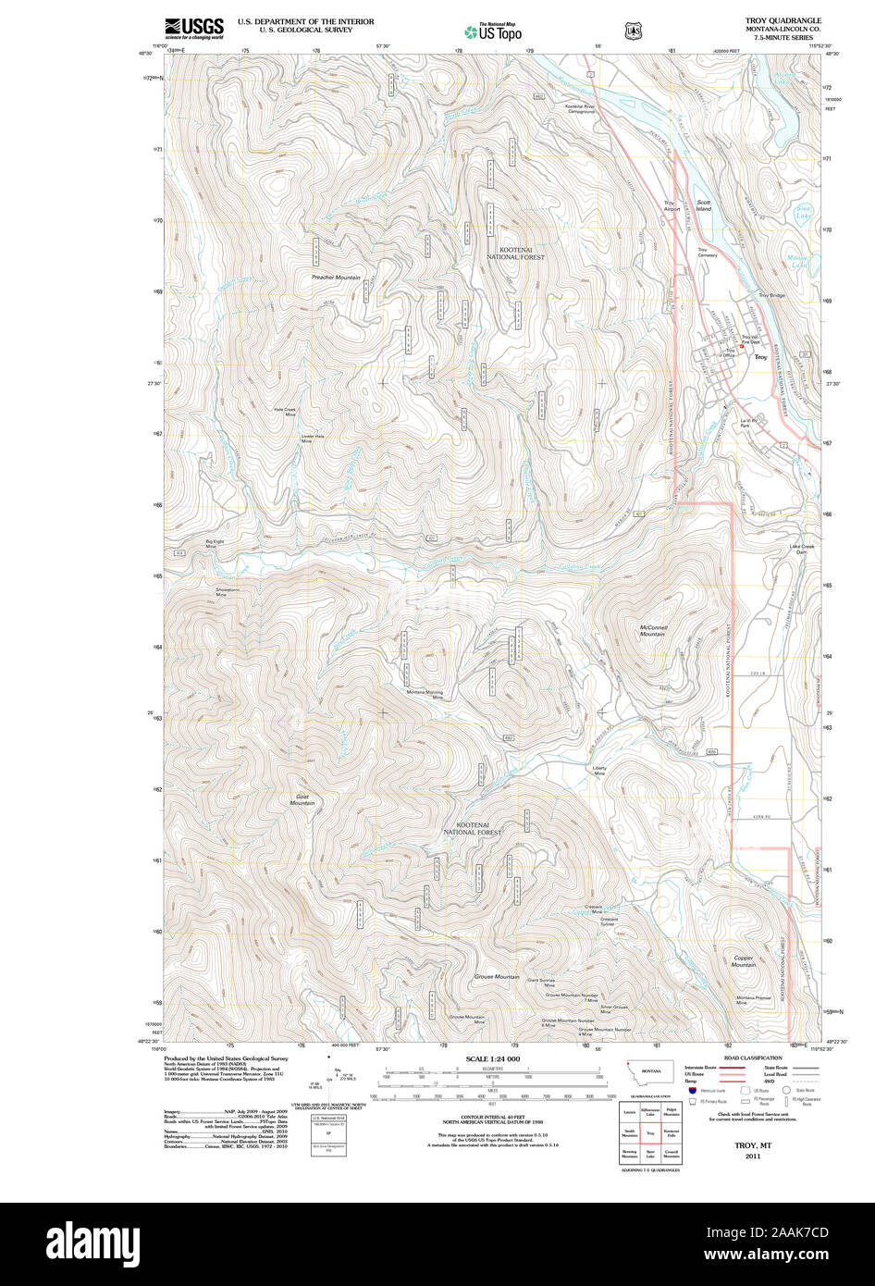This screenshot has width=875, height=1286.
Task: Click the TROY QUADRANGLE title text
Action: pos(783,20)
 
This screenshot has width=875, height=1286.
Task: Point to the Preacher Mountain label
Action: pos(336,278)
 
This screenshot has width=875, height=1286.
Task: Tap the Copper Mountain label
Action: pos(744,961)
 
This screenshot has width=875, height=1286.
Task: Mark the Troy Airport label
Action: pos(672,205)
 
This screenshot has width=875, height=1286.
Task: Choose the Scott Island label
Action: pos(704,205)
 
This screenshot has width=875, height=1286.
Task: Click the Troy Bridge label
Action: pos(771,295)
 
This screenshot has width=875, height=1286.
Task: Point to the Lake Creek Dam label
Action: pos(801,549)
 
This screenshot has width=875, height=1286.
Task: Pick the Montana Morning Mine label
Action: pos(425,695)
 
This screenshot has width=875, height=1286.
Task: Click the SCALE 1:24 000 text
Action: pos(492,1058)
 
